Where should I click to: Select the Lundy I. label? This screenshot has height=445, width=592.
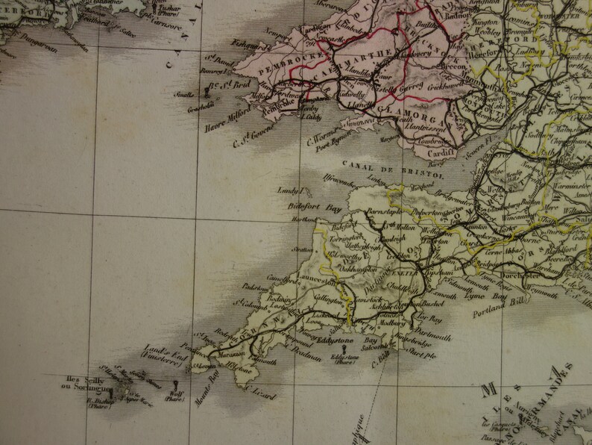tap(292, 191)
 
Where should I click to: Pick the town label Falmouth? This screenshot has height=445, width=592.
tap(263, 360)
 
